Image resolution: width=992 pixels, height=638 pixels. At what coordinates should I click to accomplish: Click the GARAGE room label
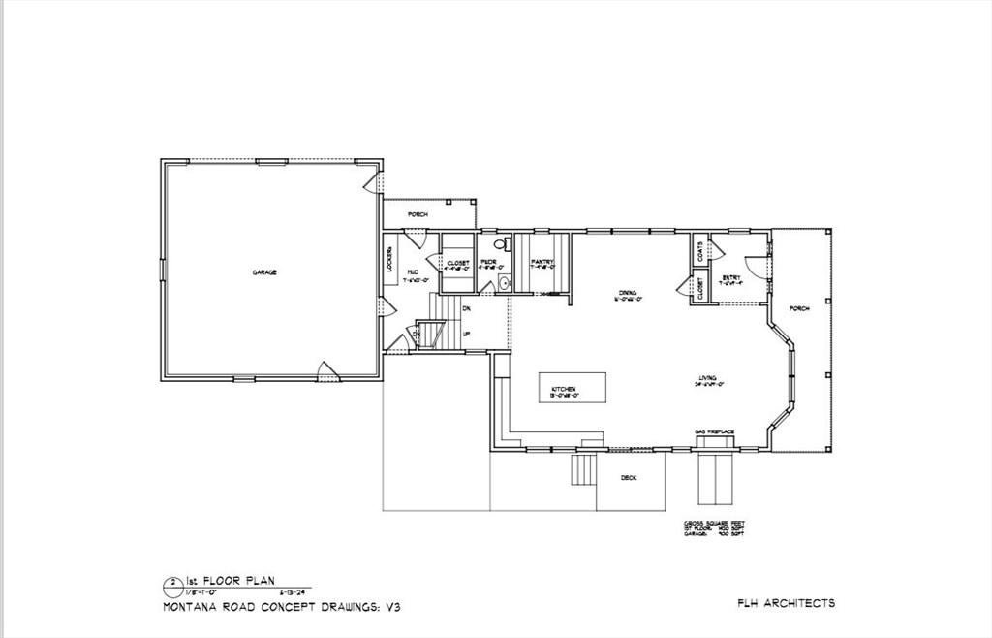[x=264, y=273]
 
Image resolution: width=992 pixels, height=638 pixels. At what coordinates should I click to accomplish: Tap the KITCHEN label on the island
[x=564, y=388]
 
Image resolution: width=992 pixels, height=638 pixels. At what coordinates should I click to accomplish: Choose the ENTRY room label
[x=731, y=277]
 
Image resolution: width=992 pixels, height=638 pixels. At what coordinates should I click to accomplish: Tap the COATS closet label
[x=699, y=250]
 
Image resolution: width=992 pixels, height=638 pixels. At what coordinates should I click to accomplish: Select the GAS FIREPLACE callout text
[x=714, y=431]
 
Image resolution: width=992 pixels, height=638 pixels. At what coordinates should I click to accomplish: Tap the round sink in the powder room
[x=504, y=283]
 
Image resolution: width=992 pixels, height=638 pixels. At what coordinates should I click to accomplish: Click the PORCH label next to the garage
[x=418, y=214]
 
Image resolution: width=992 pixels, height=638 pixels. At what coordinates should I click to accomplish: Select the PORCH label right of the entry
[x=799, y=308]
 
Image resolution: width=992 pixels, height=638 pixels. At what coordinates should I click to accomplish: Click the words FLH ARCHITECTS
[x=786, y=603]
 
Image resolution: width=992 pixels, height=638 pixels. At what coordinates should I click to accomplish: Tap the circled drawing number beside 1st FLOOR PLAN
[x=172, y=583]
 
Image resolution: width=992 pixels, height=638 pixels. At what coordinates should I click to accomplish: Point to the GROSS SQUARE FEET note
[x=714, y=523]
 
